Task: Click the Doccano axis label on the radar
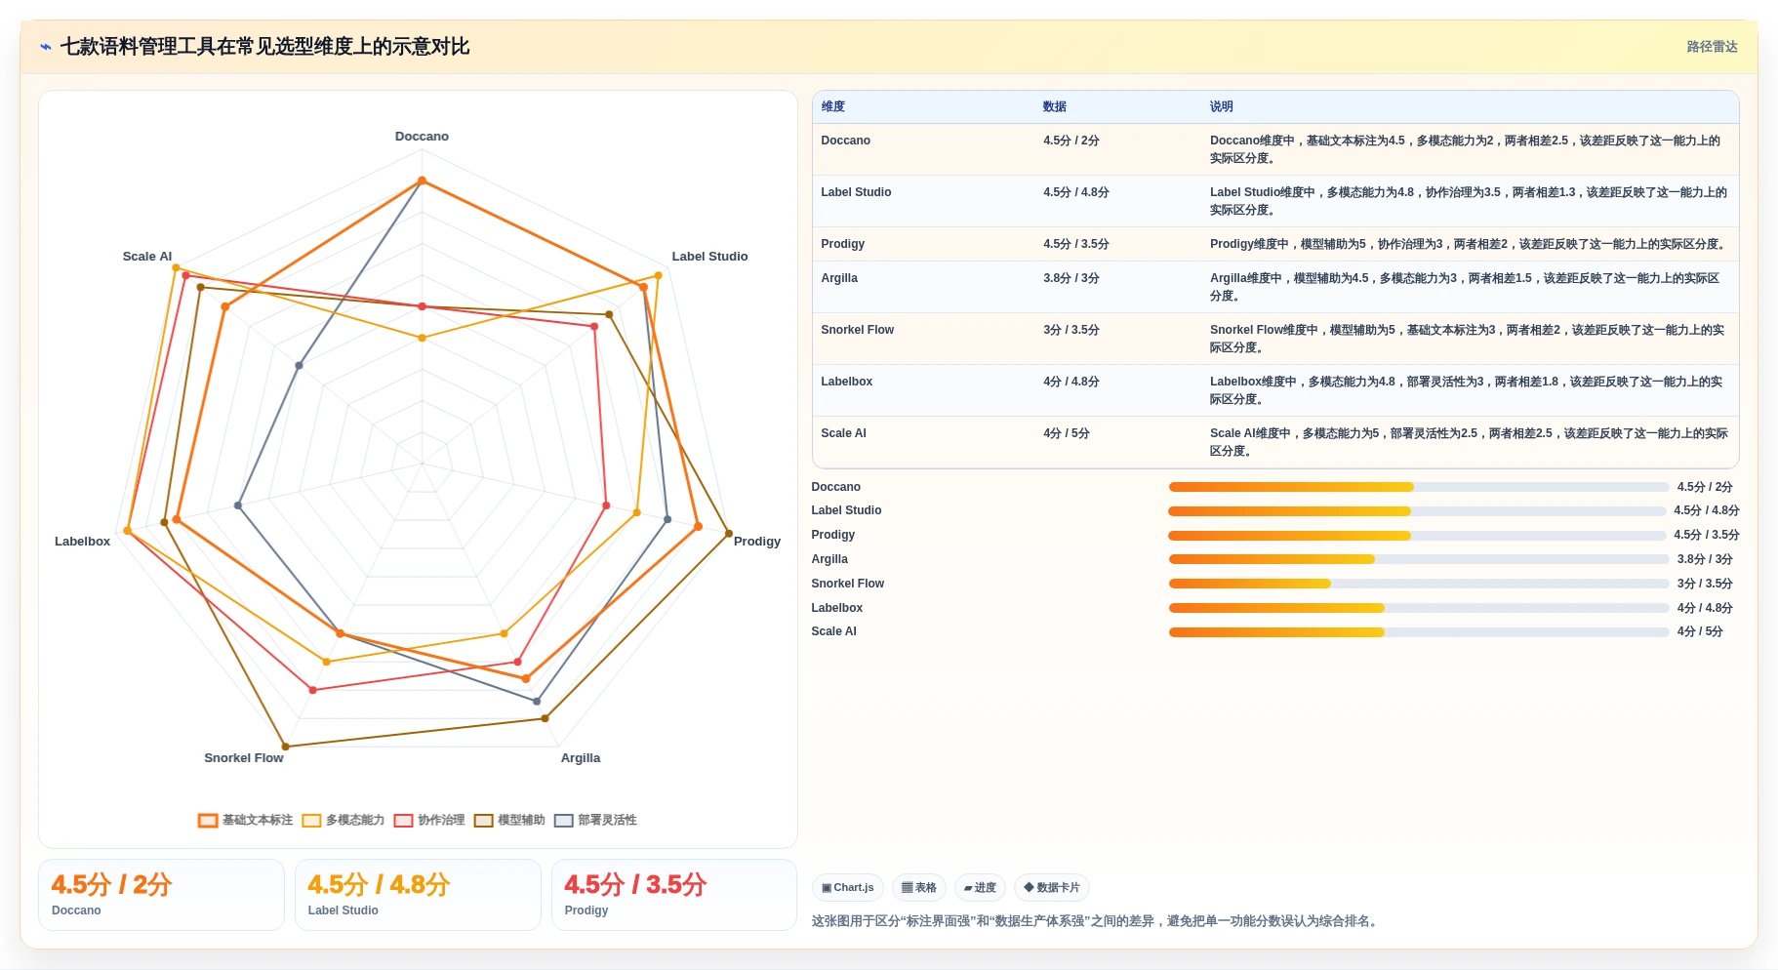[422, 137]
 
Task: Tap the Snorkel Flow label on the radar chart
[244, 758]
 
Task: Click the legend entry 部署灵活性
[595, 820]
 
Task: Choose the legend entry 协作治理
[429, 820]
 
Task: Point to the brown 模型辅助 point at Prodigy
[729, 533]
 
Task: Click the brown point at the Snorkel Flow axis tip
[285, 747]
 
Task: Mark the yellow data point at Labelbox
[127, 531]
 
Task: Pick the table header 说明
[1222, 106]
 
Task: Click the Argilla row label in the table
[839, 278]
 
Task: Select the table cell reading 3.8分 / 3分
[1071, 278]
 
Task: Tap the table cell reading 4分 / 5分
[1067, 433]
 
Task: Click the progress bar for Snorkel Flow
[1419, 584]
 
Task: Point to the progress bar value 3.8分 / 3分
[1705, 559]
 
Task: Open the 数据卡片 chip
[1052, 887]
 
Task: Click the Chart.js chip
[848, 887]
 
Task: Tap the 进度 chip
[980, 887]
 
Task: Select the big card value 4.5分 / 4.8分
[379, 884]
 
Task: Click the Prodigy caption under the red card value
[586, 910]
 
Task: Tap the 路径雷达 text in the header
[1712, 47]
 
